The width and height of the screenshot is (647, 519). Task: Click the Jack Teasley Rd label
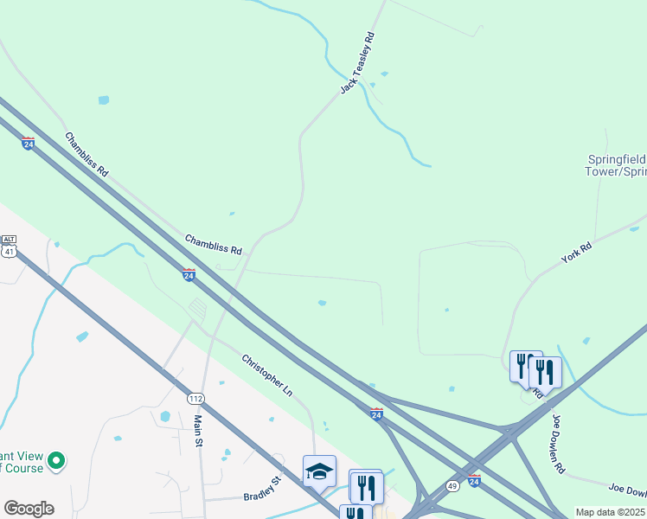click(358, 63)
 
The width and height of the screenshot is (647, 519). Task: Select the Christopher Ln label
click(267, 375)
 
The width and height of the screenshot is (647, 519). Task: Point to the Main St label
click(198, 431)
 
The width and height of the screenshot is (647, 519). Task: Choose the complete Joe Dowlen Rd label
click(558, 444)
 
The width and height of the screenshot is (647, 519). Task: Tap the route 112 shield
click(195, 398)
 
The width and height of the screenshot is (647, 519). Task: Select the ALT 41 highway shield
click(9, 247)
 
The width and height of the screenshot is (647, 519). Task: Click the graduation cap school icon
click(319, 471)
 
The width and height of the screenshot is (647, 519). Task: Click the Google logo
click(29, 508)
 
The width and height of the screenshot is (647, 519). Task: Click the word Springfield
click(617, 160)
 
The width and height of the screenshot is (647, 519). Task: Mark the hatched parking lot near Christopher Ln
click(197, 308)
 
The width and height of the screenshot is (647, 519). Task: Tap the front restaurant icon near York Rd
click(546, 373)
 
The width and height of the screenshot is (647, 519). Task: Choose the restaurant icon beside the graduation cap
click(367, 487)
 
